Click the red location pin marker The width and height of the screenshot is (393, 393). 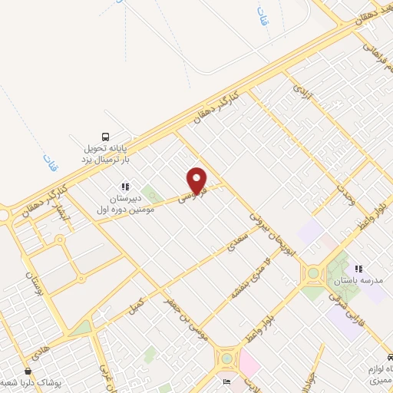tap(197, 180)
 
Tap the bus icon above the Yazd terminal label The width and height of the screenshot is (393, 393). tap(105, 137)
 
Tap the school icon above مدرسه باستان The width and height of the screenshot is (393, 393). tap(358, 269)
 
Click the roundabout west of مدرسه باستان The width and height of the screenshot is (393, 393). tap(314, 272)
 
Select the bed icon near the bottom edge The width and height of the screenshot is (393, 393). tap(226, 381)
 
